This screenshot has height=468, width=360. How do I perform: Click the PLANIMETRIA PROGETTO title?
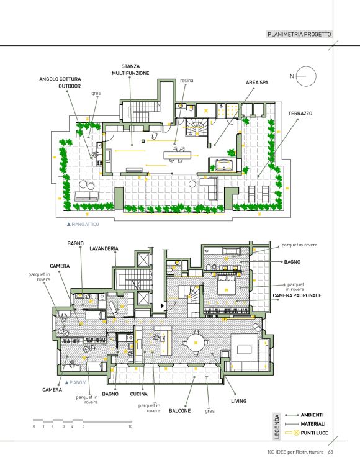tap(299, 34)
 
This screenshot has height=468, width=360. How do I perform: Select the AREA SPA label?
tap(257, 83)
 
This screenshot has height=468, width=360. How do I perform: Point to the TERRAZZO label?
tap(300, 114)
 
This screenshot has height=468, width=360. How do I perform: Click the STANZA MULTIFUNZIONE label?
tap(130, 70)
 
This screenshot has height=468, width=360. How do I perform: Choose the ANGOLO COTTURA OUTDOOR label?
tap(60, 83)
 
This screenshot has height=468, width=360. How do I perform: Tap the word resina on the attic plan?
tap(187, 81)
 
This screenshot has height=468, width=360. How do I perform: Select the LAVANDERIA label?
tap(104, 248)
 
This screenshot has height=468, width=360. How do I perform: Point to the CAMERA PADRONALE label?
tap(297, 295)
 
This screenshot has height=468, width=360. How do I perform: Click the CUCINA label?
tap(139, 394)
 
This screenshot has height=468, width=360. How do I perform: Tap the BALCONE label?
tap(180, 411)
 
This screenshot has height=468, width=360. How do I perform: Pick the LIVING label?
tap(239, 401)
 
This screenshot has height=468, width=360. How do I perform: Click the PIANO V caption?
tap(78, 382)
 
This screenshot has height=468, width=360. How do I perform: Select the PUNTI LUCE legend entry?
tap(314, 433)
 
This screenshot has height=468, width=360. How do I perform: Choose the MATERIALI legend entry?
tap(313, 424)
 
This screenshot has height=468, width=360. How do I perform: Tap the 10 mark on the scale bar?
tap(130, 426)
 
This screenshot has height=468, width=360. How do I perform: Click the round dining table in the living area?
tap(196, 343)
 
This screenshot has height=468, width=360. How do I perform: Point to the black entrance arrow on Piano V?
tap(163, 305)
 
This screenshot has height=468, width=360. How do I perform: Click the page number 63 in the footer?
tap(330, 452)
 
